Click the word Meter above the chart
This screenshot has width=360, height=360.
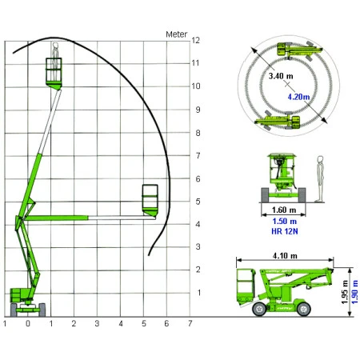pos(176,34)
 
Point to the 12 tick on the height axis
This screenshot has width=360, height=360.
pos(195,40)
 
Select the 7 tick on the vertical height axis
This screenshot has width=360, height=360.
pos(198,155)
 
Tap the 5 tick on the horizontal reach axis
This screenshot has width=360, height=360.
pos(144,323)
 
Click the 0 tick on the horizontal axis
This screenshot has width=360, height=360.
pos(28,323)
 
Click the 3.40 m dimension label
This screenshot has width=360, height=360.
pos(281,76)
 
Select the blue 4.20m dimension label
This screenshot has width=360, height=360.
pos(298,97)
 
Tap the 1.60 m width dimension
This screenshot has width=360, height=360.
pos(284,210)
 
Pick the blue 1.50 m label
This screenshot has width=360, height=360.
pos(285,221)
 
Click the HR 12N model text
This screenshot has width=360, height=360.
pos(285,231)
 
